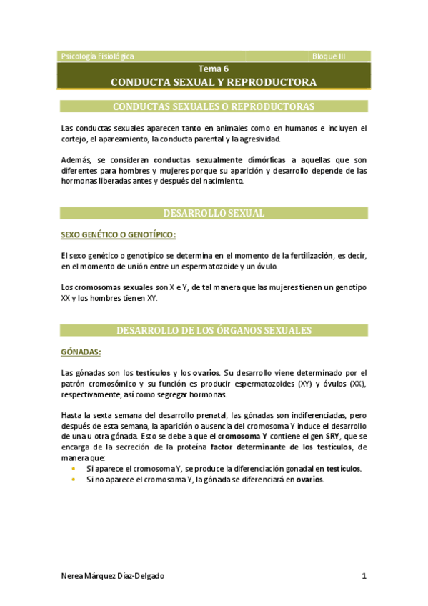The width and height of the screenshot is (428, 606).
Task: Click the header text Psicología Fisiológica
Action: [x=98, y=56]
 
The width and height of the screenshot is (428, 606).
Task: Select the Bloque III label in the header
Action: [x=329, y=56]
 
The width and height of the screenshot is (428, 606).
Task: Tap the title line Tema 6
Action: [x=214, y=69]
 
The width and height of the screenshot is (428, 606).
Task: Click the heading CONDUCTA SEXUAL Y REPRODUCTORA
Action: [x=214, y=82]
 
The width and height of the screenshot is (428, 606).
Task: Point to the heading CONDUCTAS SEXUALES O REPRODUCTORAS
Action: [x=214, y=107]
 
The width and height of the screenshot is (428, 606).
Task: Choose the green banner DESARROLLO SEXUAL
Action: [x=214, y=213]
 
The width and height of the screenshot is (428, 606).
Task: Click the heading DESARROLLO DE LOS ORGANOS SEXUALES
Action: [x=214, y=330]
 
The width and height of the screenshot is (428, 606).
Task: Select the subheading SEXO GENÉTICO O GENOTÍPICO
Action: [x=118, y=234]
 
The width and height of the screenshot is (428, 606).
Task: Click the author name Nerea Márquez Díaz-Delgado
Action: [x=117, y=576]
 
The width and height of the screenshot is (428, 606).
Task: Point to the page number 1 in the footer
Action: [x=364, y=576]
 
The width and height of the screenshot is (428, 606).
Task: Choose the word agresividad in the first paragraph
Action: [x=261, y=139]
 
